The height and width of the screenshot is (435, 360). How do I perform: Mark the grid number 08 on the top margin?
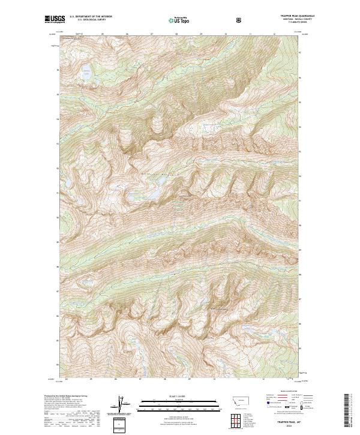[176, 34]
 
